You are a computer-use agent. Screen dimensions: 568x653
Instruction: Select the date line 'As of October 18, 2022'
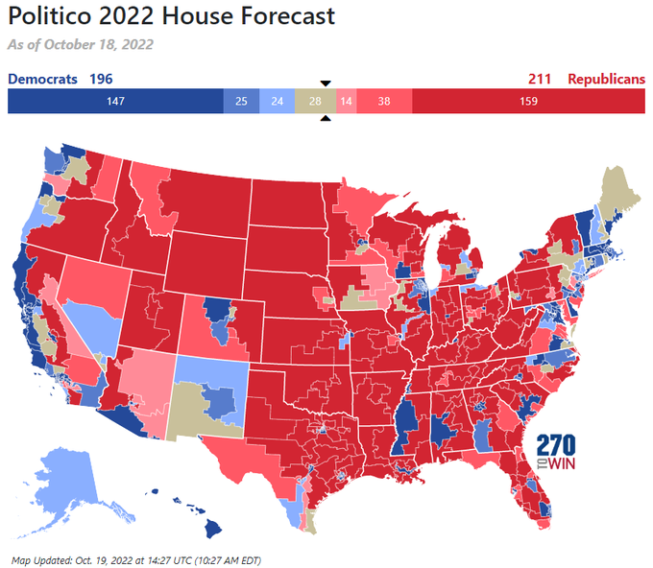[x=80, y=44]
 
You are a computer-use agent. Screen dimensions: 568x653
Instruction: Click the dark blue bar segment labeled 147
[x=115, y=101]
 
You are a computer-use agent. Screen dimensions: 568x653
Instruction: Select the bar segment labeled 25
[x=241, y=101]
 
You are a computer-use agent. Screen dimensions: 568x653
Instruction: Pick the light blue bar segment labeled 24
[x=277, y=101]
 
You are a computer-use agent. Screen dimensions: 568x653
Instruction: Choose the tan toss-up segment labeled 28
[x=315, y=101]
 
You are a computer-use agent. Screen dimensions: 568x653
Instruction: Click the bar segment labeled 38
[x=384, y=101]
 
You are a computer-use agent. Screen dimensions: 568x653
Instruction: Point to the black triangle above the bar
[x=326, y=83]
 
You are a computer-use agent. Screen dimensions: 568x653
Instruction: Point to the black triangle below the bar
[x=326, y=118]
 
